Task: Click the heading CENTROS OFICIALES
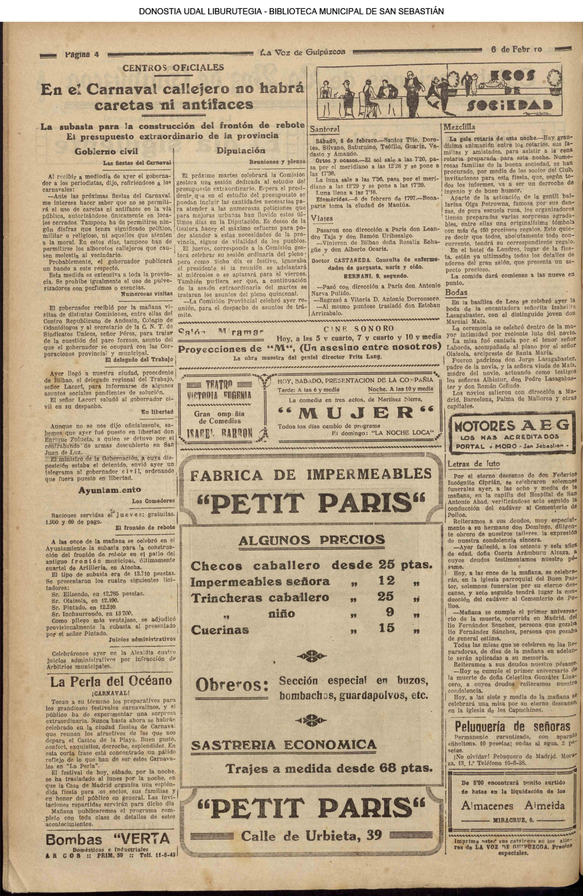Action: pyautogui.click(x=173, y=68)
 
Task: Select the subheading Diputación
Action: pyautogui.click(x=241, y=151)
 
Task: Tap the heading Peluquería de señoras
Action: pyautogui.click(x=512, y=726)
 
